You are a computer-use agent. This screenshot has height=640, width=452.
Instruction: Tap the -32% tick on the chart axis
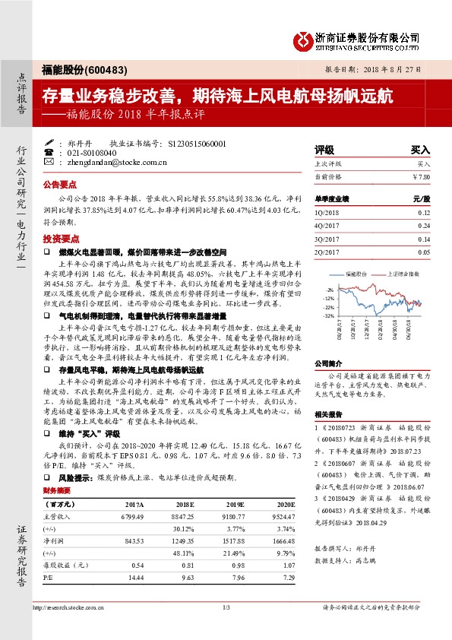327,315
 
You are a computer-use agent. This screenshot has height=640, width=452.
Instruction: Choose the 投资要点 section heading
61,238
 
